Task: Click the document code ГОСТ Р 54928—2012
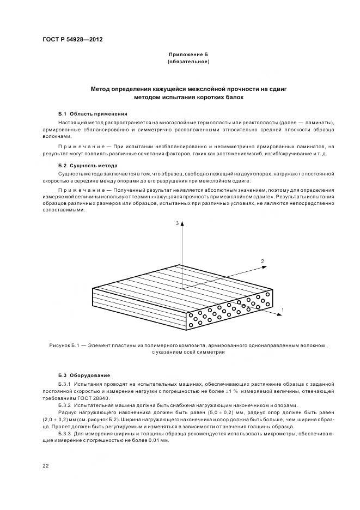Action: [72, 40]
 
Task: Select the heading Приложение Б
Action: [188, 55]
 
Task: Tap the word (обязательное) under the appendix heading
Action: [188, 62]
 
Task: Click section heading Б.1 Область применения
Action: [93, 113]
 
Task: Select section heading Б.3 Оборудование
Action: [84, 375]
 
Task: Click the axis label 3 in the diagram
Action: [176, 224]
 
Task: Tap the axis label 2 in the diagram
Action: [263, 262]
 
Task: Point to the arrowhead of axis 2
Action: [257, 267]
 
